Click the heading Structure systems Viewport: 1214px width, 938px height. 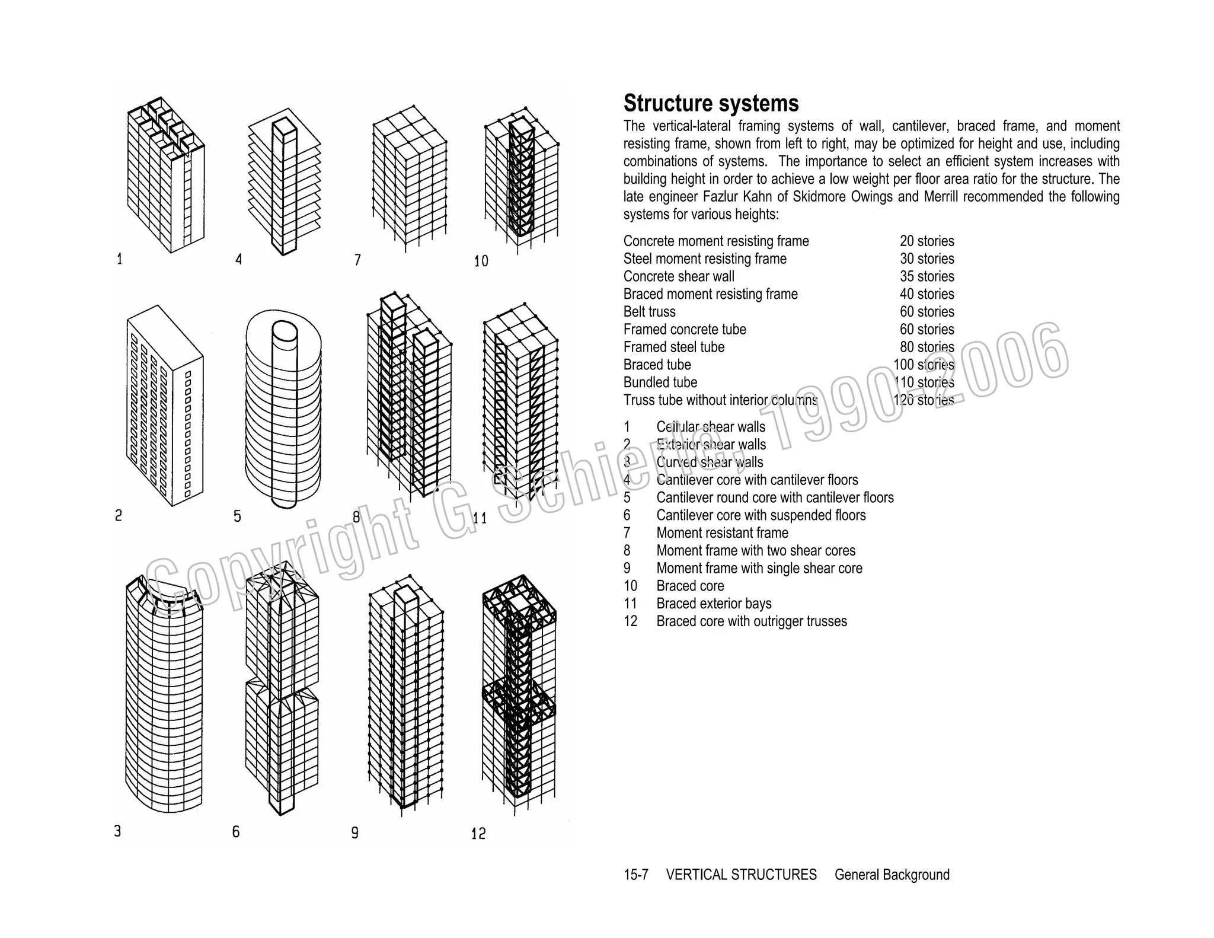(x=711, y=104)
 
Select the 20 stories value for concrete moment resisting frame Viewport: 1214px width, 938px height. (x=927, y=241)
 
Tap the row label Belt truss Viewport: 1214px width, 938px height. (x=649, y=312)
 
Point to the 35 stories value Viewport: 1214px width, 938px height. (x=927, y=276)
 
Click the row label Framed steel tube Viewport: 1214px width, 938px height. (x=673, y=347)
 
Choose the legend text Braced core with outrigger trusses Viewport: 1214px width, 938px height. (x=751, y=621)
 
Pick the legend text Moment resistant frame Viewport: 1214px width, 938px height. (x=722, y=533)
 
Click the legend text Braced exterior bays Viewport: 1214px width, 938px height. (x=714, y=604)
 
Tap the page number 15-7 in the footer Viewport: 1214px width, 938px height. (x=635, y=875)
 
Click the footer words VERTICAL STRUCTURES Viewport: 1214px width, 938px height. (x=741, y=875)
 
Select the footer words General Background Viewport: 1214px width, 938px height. (x=892, y=875)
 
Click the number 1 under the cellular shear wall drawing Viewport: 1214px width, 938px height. (x=120, y=259)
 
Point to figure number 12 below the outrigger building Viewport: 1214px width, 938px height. (x=478, y=834)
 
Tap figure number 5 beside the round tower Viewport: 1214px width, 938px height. (x=237, y=516)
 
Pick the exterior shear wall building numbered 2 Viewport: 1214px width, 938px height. (x=164, y=406)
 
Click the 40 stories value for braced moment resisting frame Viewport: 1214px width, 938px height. (x=927, y=294)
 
